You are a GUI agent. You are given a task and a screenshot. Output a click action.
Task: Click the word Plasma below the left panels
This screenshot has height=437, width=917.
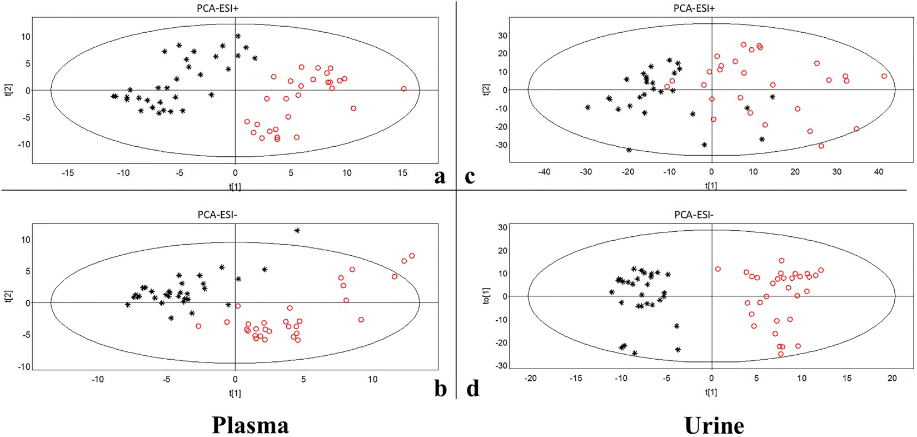[251, 425]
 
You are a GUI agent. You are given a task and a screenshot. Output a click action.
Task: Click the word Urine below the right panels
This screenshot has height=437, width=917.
[714, 425]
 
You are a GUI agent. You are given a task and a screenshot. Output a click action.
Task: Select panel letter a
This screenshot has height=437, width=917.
[440, 177]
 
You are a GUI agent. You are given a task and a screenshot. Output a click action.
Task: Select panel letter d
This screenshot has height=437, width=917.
[472, 388]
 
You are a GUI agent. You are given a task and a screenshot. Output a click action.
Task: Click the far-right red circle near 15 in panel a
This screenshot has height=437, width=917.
[403, 89]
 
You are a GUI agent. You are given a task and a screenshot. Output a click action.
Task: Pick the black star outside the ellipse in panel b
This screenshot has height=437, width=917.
[297, 230]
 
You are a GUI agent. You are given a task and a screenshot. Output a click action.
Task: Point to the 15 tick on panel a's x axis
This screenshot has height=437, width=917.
[403, 173]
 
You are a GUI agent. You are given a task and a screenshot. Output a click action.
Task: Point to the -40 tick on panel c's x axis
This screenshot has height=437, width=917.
[544, 172]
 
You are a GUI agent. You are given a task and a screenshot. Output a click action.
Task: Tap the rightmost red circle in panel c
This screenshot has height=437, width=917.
[884, 76]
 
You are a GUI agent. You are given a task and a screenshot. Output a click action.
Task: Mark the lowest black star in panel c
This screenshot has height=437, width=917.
[629, 150]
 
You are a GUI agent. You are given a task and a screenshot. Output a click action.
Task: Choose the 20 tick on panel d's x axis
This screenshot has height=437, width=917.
[892, 378]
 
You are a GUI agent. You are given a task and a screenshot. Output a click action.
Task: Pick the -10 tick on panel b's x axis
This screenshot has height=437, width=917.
[97, 379]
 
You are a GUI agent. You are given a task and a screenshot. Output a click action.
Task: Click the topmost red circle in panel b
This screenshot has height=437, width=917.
[412, 256]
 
